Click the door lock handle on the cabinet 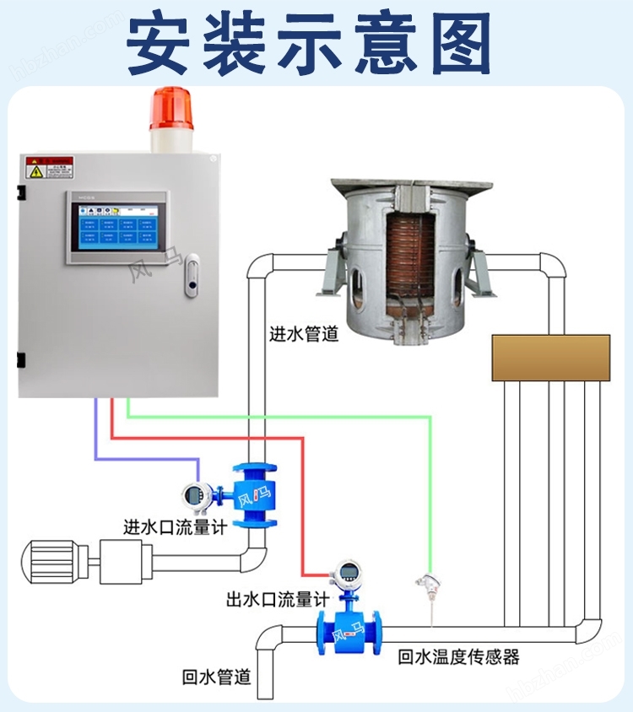192,276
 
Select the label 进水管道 304,334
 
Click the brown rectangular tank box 551,357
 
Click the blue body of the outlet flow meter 348,629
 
